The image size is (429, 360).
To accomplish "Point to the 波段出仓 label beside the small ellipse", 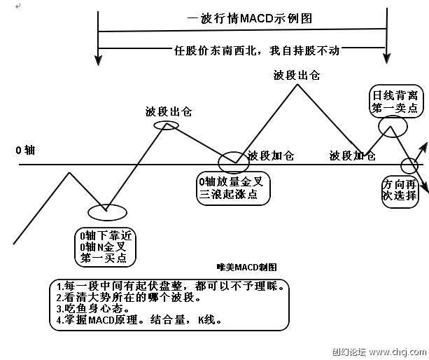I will [x=168, y=111].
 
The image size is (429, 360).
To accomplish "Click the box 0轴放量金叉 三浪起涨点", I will [x=228, y=188].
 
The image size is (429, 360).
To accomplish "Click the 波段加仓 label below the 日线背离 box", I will [x=352, y=155].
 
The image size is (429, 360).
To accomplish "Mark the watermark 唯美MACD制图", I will [x=247, y=267].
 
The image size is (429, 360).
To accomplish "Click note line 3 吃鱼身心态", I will [x=92, y=310].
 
